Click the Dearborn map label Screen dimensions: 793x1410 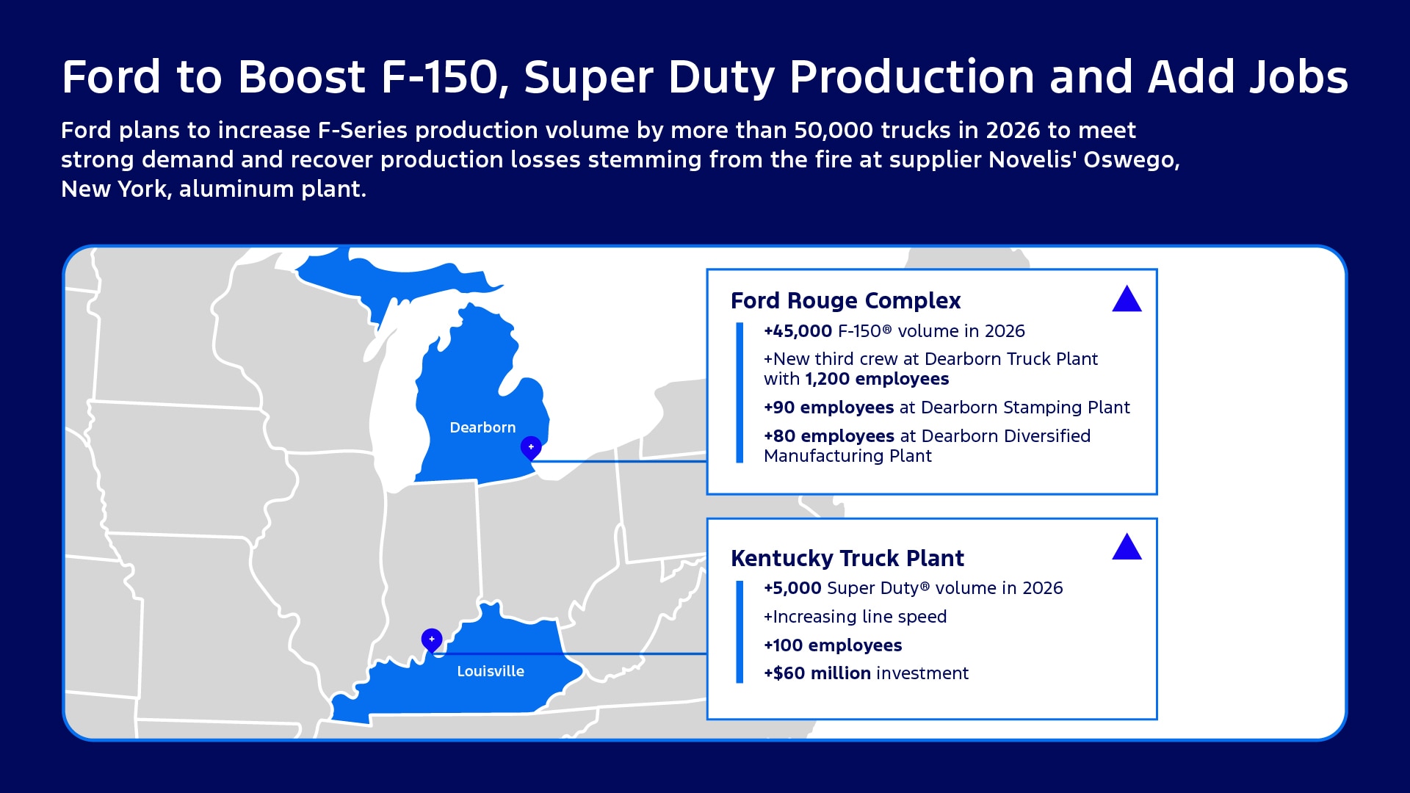click(x=482, y=427)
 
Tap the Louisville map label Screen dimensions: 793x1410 click(x=490, y=671)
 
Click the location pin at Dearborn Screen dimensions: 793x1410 click(x=531, y=446)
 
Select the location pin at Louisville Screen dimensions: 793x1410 click(x=432, y=640)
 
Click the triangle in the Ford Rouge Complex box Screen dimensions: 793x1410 click(x=1127, y=300)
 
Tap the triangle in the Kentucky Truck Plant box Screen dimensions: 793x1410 click(x=1127, y=548)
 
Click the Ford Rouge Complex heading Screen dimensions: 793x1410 click(x=845, y=300)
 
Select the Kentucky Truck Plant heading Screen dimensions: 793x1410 click(x=847, y=558)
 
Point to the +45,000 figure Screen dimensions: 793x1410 click(x=798, y=331)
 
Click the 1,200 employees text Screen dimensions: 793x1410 click(x=877, y=379)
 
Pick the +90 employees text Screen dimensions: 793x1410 click(x=828, y=408)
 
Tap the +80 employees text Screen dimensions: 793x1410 click(x=828, y=436)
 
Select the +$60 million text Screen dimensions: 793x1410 click(x=817, y=673)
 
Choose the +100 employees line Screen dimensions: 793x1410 click(x=833, y=645)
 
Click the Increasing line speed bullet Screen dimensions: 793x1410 click(x=855, y=617)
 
